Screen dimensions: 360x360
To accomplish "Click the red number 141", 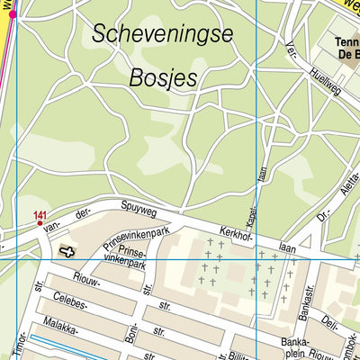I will click(x=40, y=214).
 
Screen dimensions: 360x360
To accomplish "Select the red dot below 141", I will click(x=40, y=222).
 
